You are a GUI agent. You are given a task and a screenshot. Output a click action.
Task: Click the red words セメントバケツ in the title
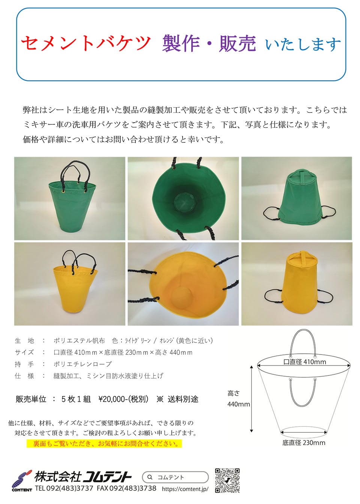(x=86, y=43)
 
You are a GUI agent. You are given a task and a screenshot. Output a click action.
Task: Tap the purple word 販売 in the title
(x=237, y=43)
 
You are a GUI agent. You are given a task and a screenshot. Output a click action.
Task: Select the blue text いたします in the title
(x=303, y=44)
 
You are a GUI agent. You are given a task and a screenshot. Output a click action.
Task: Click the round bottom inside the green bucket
(x=184, y=202)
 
